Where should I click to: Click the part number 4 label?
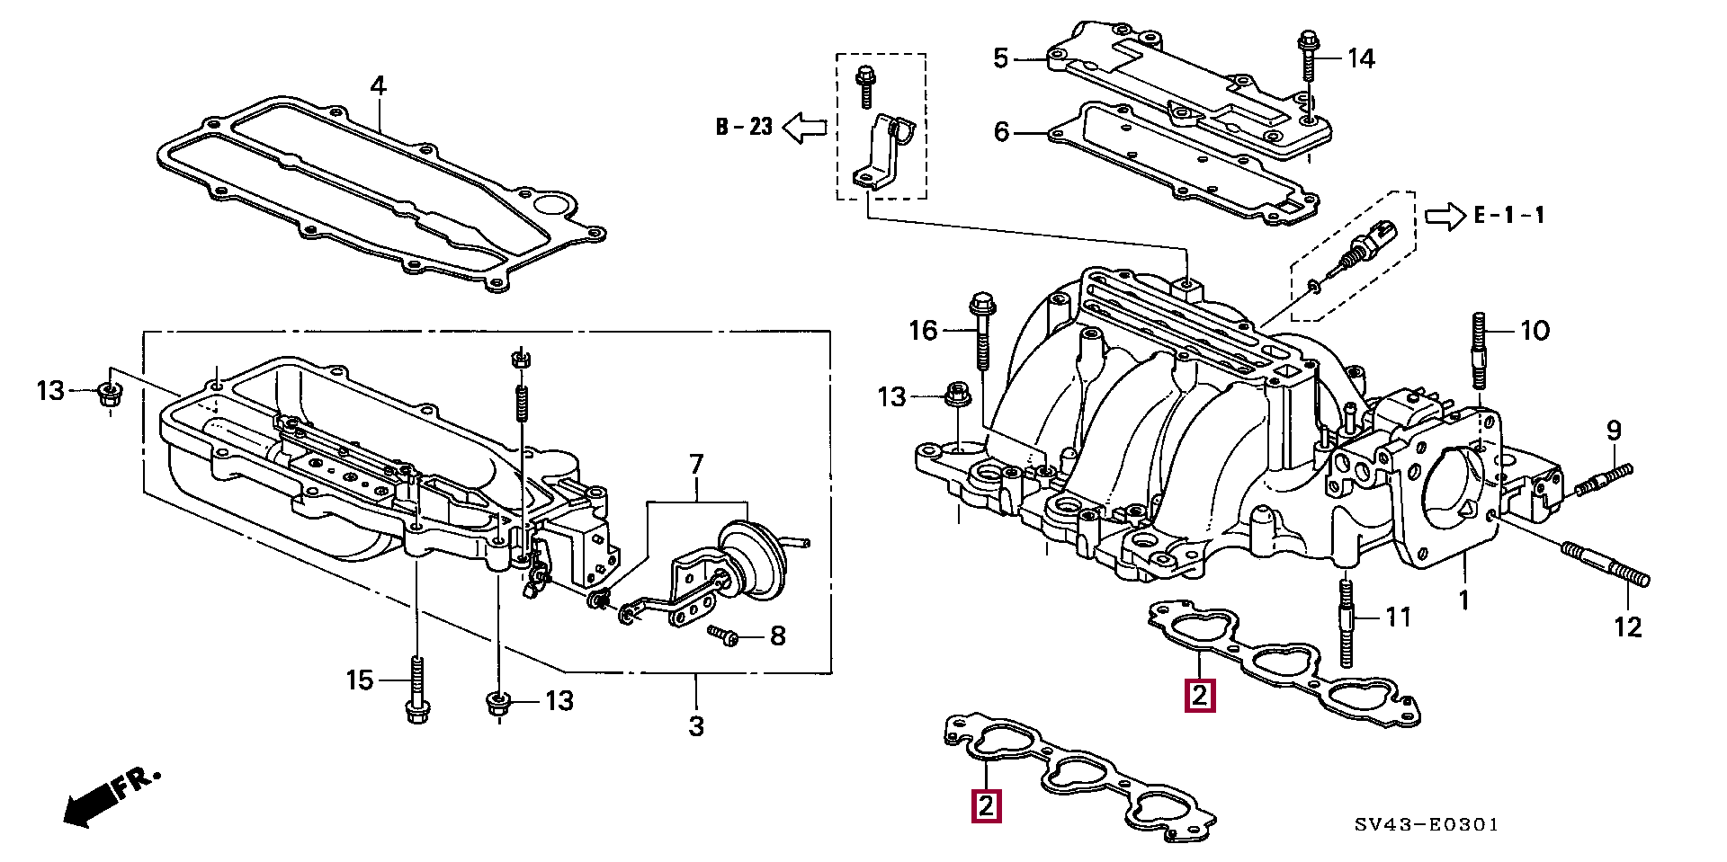(378, 86)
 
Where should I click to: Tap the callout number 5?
(1001, 59)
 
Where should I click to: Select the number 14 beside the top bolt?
(1360, 59)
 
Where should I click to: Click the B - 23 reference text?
(744, 127)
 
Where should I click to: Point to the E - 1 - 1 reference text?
(1508, 216)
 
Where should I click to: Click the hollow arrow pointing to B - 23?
(804, 128)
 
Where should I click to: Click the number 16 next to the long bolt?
(923, 331)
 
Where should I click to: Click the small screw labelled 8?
(722, 635)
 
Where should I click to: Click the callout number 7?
(696, 466)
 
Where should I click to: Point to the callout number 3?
(696, 725)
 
